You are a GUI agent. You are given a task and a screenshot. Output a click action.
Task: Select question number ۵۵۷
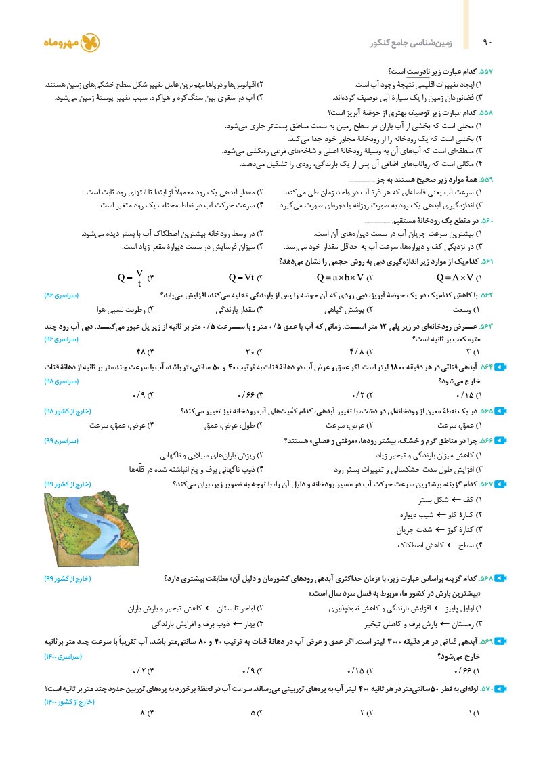pos(486,72)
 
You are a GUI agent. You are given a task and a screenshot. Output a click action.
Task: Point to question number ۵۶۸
pos(486,578)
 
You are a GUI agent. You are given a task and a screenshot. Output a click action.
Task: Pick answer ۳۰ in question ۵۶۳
pos(251,351)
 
